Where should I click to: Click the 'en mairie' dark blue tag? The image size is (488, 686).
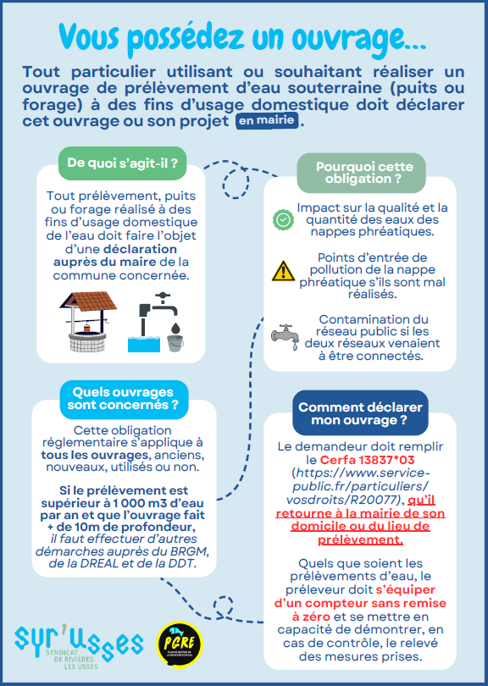pyautogui.click(x=268, y=120)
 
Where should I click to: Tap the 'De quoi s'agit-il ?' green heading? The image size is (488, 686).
pyautogui.click(x=123, y=163)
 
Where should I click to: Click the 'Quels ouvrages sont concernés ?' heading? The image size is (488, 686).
pyautogui.click(x=124, y=399)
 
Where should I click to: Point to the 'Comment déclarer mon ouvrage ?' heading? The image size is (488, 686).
pyautogui.click(x=360, y=413)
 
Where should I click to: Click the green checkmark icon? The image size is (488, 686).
pyautogui.click(x=283, y=219)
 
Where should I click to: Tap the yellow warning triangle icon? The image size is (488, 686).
pyautogui.click(x=283, y=271)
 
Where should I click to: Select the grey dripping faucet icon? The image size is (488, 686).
pyautogui.click(x=286, y=336)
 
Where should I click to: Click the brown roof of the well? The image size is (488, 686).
pyautogui.click(x=89, y=301)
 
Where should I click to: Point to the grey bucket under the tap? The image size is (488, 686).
pyautogui.click(x=175, y=343)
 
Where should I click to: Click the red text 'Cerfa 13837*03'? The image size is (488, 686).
pyautogui.click(x=367, y=460)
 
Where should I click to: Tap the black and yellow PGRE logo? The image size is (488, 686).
pyautogui.click(x=179, y=645)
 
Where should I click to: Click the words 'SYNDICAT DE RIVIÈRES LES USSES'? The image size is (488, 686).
pyautogui.click(x=72, y=659)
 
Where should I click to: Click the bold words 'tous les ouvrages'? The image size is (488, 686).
pyautogui.click(x=95, y=455)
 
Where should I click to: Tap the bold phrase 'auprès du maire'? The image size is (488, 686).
pyautogui.click(x=104, y=262)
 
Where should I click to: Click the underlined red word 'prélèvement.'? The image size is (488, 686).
pyautogui.click(x=360, y=539)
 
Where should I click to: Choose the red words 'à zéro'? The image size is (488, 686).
pyautogui.click(x=311, y=617)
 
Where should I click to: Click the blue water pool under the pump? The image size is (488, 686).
pyautogui.click(x=144, y=345)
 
